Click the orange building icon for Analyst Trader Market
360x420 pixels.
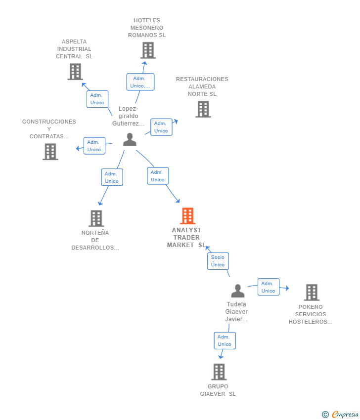(187, 215)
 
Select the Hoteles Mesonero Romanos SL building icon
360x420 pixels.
(148, 50)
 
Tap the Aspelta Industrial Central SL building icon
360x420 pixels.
(75, 72)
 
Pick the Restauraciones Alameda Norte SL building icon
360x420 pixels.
(203, 109)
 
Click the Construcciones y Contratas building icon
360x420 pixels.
(50, 152)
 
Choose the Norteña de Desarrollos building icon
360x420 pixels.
(96, 218)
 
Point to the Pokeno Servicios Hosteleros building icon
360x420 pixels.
(312, 292)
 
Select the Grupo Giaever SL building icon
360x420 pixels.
(219, 372)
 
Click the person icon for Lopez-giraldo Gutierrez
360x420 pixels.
(130, 139)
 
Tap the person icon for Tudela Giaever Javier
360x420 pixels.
(238, 291)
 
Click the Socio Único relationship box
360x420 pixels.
(218, 261)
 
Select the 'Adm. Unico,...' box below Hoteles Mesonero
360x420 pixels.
(140, 82)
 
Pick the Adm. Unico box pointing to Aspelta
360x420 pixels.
(97, 99)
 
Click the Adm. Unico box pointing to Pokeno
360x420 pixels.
(269, 287)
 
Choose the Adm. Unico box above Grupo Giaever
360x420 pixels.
(225, 340)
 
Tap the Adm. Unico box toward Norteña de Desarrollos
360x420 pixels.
(112, 177)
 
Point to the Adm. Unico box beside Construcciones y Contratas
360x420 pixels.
(94, 146)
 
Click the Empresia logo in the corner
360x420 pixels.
(340, 415)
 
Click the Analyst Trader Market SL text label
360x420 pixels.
(186, 238)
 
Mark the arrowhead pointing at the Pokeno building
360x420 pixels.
(287, 288)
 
